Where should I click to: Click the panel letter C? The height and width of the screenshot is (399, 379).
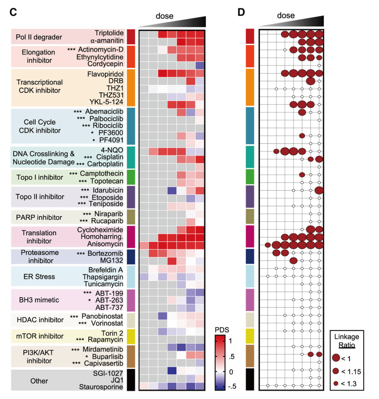pos(13,12)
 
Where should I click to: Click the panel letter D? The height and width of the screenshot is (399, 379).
pos(241,12)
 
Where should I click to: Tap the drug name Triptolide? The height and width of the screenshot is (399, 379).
pos(109,33)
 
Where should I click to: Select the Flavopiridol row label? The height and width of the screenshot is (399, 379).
pos(105,74)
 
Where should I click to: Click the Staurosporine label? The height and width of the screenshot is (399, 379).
pos(101,387)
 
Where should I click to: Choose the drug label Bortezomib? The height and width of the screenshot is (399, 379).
pos(105,253)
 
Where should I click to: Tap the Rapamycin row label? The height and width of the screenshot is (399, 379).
pos(105,340)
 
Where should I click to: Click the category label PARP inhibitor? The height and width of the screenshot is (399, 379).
pos(39,217)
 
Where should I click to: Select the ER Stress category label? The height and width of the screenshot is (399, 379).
pos(39,277)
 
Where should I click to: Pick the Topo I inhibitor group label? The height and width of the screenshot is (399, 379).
pos(40,177)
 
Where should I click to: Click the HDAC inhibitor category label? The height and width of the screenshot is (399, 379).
pos(40,320)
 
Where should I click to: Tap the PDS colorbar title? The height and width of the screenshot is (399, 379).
pos(222,330)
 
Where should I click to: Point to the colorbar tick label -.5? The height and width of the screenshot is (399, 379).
pos(232,386)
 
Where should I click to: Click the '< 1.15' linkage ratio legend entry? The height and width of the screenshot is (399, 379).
pos(347,371)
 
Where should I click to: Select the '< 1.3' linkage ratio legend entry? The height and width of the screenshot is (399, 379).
pos(345,384)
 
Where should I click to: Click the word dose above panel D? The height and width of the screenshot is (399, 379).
pos(286,15)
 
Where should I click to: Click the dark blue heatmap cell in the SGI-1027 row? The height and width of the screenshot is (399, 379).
pos(172,371)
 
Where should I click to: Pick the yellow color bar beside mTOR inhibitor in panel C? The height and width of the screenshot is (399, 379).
pos(131,337)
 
